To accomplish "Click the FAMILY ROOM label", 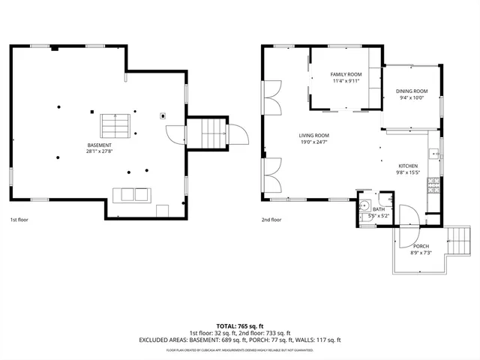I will (346, 75).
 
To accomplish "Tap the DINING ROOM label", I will (412, 91).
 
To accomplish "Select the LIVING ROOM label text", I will (316, 135).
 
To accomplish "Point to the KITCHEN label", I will (408, 166).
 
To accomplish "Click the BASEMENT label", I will (99, 145).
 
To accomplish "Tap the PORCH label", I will (421, 246).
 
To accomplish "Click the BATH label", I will (379, 209).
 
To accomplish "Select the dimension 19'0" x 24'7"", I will (316, 142).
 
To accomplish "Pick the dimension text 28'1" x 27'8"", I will (99, 151).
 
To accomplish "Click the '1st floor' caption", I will (19, 220).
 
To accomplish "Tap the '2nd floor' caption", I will (271, 220).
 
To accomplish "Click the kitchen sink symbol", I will (433, 154).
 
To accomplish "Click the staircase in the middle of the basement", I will (116, 122).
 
